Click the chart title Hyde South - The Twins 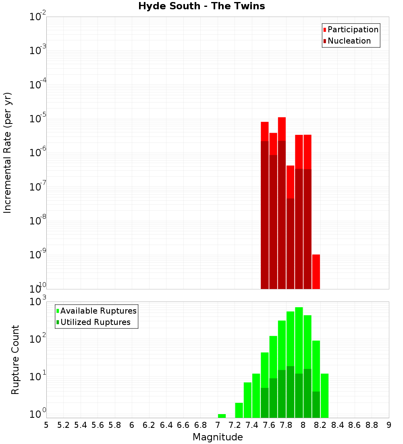[201, 6]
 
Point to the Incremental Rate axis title [8, 153]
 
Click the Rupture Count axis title [15, 359]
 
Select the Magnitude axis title [218, 437]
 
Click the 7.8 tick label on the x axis [286, 425]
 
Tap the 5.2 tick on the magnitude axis [63, 425]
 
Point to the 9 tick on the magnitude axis [389, 425]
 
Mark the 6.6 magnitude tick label [183, 425]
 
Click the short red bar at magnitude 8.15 [316, 271]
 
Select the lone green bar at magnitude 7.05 [222, 416]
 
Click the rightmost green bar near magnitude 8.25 [324, 396]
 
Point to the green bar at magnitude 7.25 [239, 410]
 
